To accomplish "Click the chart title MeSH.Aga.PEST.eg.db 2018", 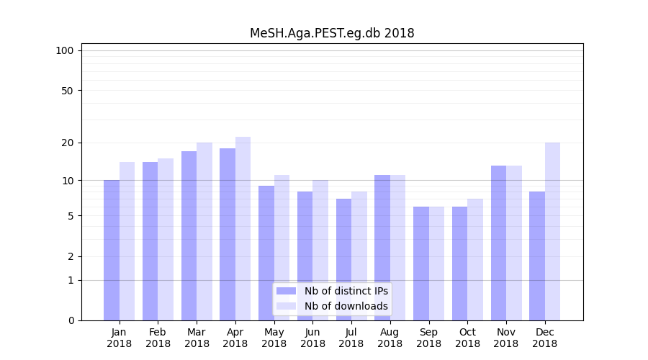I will coord(332,33).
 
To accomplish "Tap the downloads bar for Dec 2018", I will coord(552,231).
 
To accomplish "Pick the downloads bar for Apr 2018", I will coord(243,228).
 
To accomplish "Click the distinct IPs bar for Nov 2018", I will coord(498,243).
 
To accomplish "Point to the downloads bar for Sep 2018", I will coord(436,264).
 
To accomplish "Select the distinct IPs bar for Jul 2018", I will coord(343,259).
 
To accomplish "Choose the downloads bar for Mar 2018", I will coord(204,231).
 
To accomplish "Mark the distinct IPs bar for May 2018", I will coord(266,253).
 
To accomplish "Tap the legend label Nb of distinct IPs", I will coord(346,291).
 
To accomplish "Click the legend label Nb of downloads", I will coord(346,306).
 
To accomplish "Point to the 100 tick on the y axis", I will coord(65,50).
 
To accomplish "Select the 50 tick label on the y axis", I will coord(67,91).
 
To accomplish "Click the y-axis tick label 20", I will coord(67,143).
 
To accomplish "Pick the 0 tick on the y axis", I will coord(71,320).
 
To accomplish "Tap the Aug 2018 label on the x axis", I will coord(390,338).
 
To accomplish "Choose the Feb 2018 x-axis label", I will coord(158,338).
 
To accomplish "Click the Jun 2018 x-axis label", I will coord(312,338).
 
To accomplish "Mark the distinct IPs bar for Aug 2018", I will coord(382,248).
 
